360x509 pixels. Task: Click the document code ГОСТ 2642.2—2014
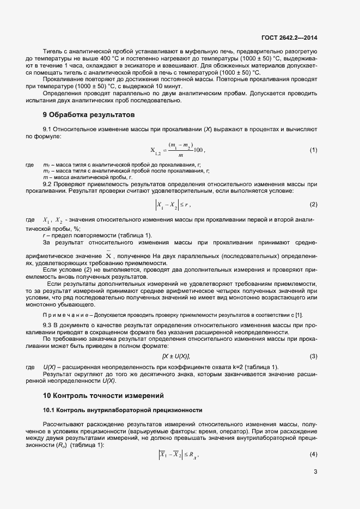click(289, 38)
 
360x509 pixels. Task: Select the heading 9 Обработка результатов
click(88, 115)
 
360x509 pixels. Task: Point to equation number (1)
click(313, 150)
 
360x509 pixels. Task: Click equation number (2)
click(313, 204)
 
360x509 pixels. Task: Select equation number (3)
click(313, 356)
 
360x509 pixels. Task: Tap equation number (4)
click(313, 454)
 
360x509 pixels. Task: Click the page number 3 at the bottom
click(315, 471)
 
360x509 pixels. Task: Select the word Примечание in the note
click(64, 316)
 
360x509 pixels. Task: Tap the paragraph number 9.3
click(48, 325)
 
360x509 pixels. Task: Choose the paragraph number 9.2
click(48, 185)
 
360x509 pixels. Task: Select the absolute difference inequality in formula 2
click(172, 205)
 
